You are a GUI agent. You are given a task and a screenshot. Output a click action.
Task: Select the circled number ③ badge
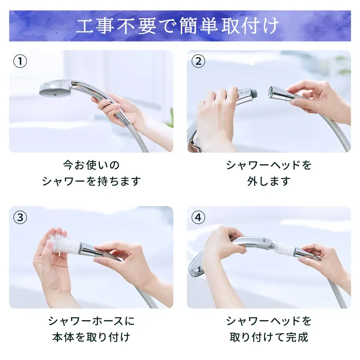(20, 217)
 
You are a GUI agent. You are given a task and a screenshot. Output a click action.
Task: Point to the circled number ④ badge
(198, 217)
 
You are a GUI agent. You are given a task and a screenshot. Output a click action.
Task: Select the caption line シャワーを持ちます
(91, 181)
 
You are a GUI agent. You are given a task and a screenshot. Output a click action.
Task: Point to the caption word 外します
(269, 181)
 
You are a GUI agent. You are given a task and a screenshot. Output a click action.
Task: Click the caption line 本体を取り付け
(91, 337)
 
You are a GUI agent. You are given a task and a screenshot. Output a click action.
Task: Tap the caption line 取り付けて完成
(269, 337)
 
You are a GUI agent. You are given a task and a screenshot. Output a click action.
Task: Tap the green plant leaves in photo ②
(343, 64)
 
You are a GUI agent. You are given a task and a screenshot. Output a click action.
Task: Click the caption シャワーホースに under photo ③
(91, 321)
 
